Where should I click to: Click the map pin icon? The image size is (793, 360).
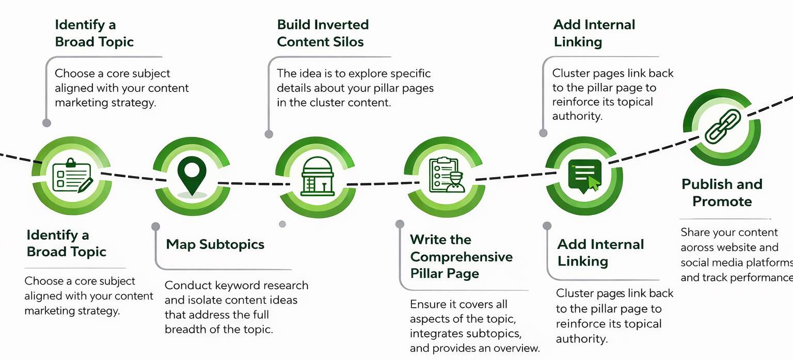(192, 175)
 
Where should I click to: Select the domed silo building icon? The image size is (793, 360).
(317, 176)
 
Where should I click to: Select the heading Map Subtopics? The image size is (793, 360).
(215, 244)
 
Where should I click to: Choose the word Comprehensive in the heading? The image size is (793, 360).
(461, 257)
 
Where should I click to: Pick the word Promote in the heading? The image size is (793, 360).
(722, 201)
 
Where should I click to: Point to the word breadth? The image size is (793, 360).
(186, 329)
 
